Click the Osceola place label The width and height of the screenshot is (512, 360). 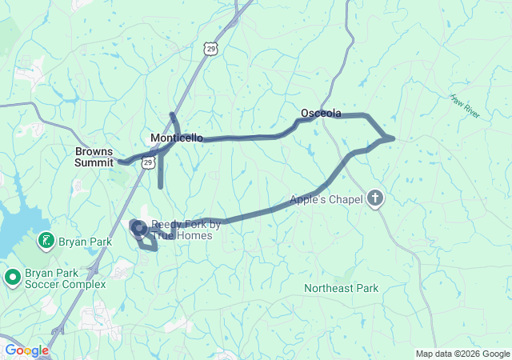click(321, 113)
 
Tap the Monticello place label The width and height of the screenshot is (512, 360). click(176, 138)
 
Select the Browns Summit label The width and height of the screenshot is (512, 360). click(94, 156)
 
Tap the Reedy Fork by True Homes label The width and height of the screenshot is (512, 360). click(182, 230)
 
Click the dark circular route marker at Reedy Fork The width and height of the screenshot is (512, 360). click(138, 229)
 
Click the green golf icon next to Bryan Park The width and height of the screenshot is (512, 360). click(47, 241)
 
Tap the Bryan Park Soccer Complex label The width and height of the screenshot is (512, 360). click(65, 278)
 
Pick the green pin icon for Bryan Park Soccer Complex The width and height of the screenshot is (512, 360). click(12, 278)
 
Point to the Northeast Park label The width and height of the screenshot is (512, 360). click(342, 288)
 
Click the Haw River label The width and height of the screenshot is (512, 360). click(464, 106)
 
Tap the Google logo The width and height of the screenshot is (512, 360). click(26, 350)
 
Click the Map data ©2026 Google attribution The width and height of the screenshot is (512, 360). click(462, 354)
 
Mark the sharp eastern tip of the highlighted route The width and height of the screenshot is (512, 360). click(394, 138)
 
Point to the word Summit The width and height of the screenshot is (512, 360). click(94, 162)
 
